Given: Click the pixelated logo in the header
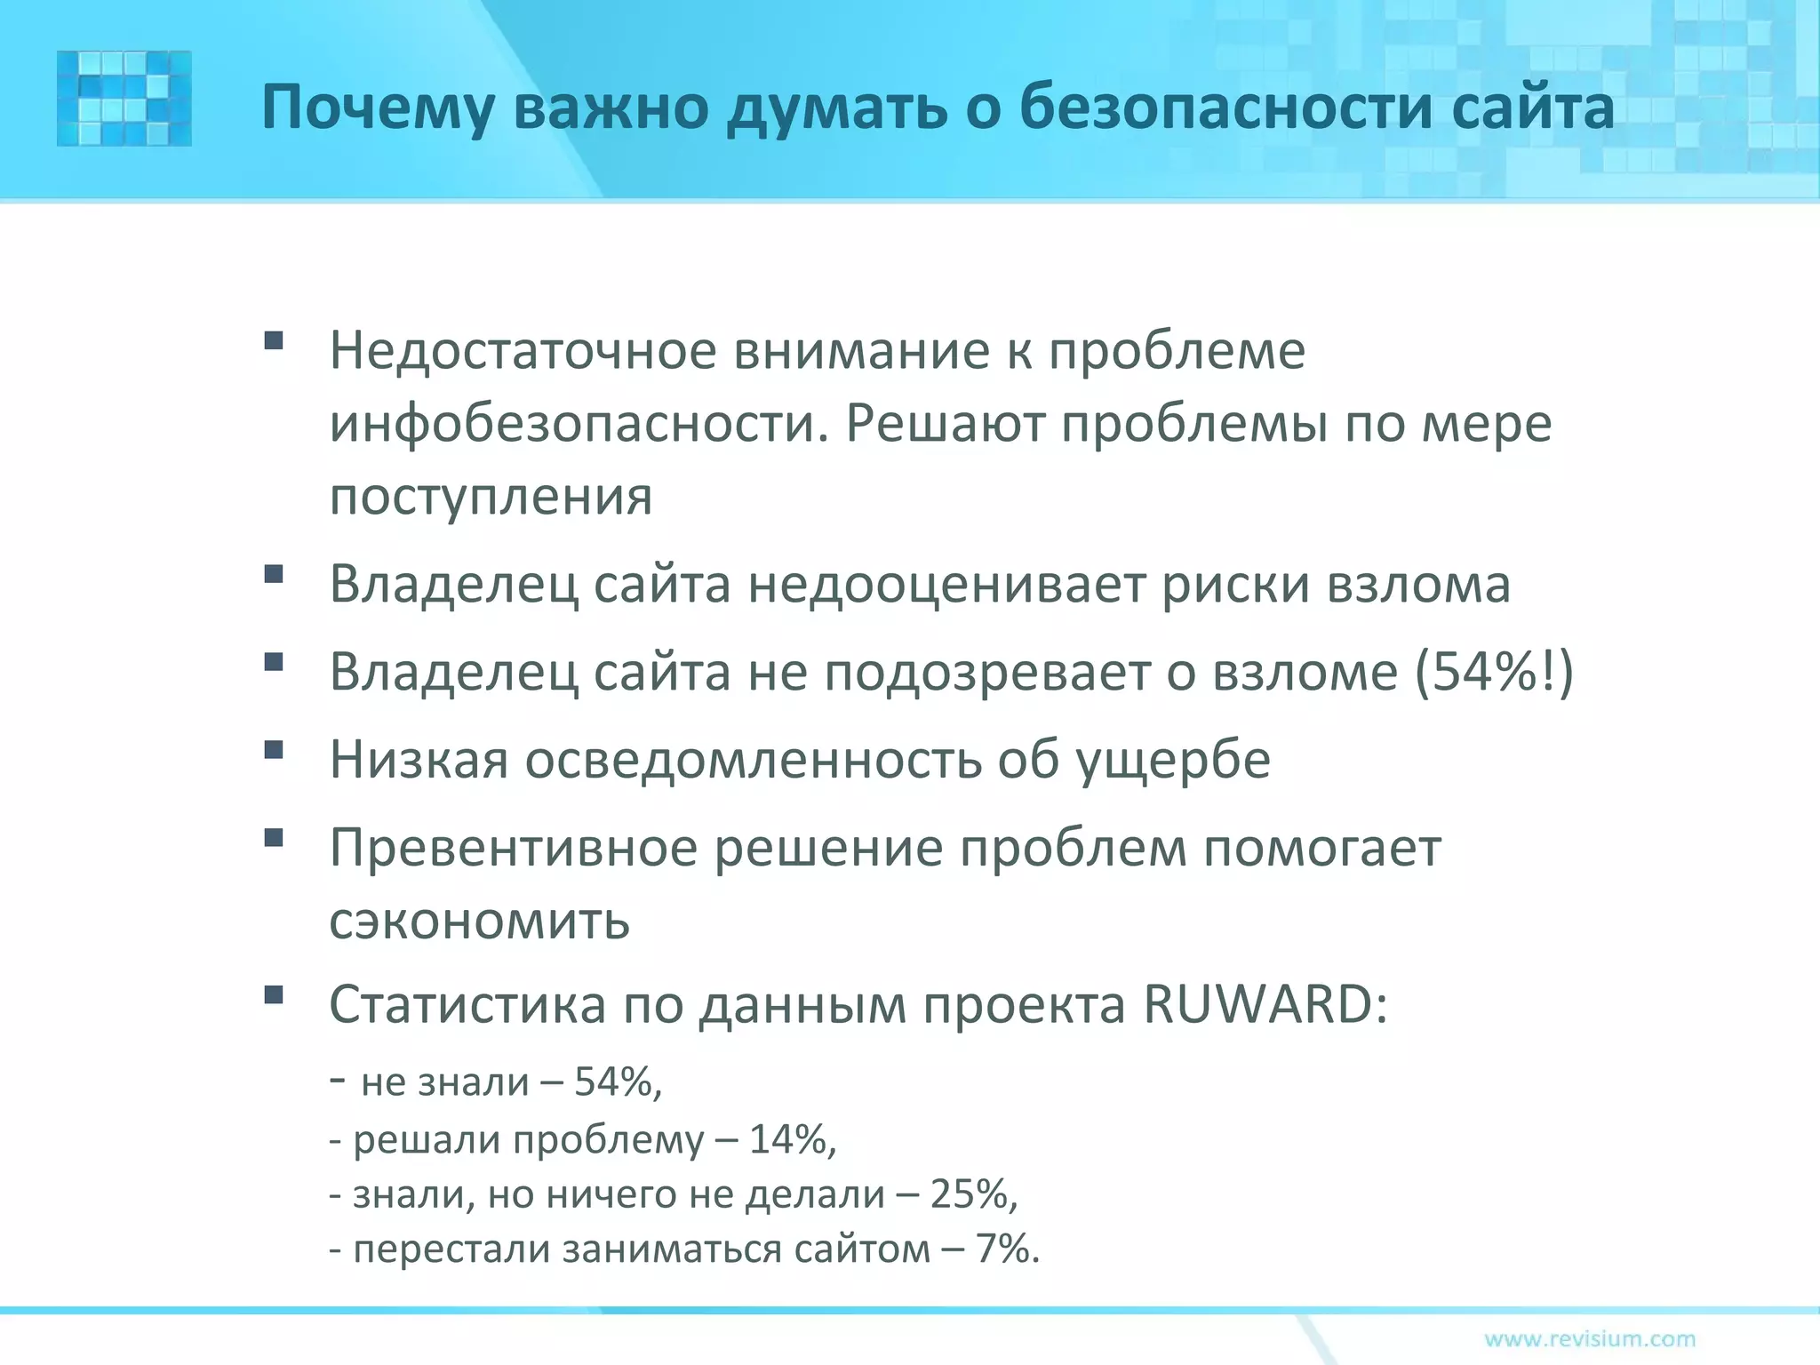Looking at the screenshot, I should click(x=124, y=99).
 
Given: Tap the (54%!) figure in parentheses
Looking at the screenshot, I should click(x=1493, y=672).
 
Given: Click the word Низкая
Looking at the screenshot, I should click(x=419, y=760).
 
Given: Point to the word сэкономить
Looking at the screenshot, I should click(x=480, y=922).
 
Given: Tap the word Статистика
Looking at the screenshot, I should click(x=467, y=1005).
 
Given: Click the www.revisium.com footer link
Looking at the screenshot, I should click(x=1590, y=1338).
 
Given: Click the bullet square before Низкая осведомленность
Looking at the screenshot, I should click(x=274, y=750).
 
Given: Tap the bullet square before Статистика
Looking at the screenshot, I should click(x=274, y=994).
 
